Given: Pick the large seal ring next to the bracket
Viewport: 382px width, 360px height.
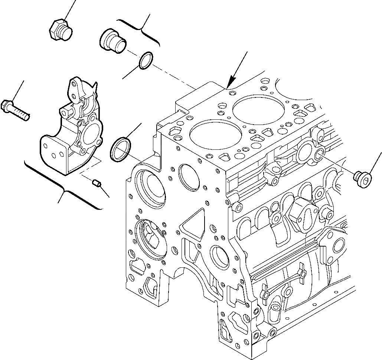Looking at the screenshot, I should pos(120,149).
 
